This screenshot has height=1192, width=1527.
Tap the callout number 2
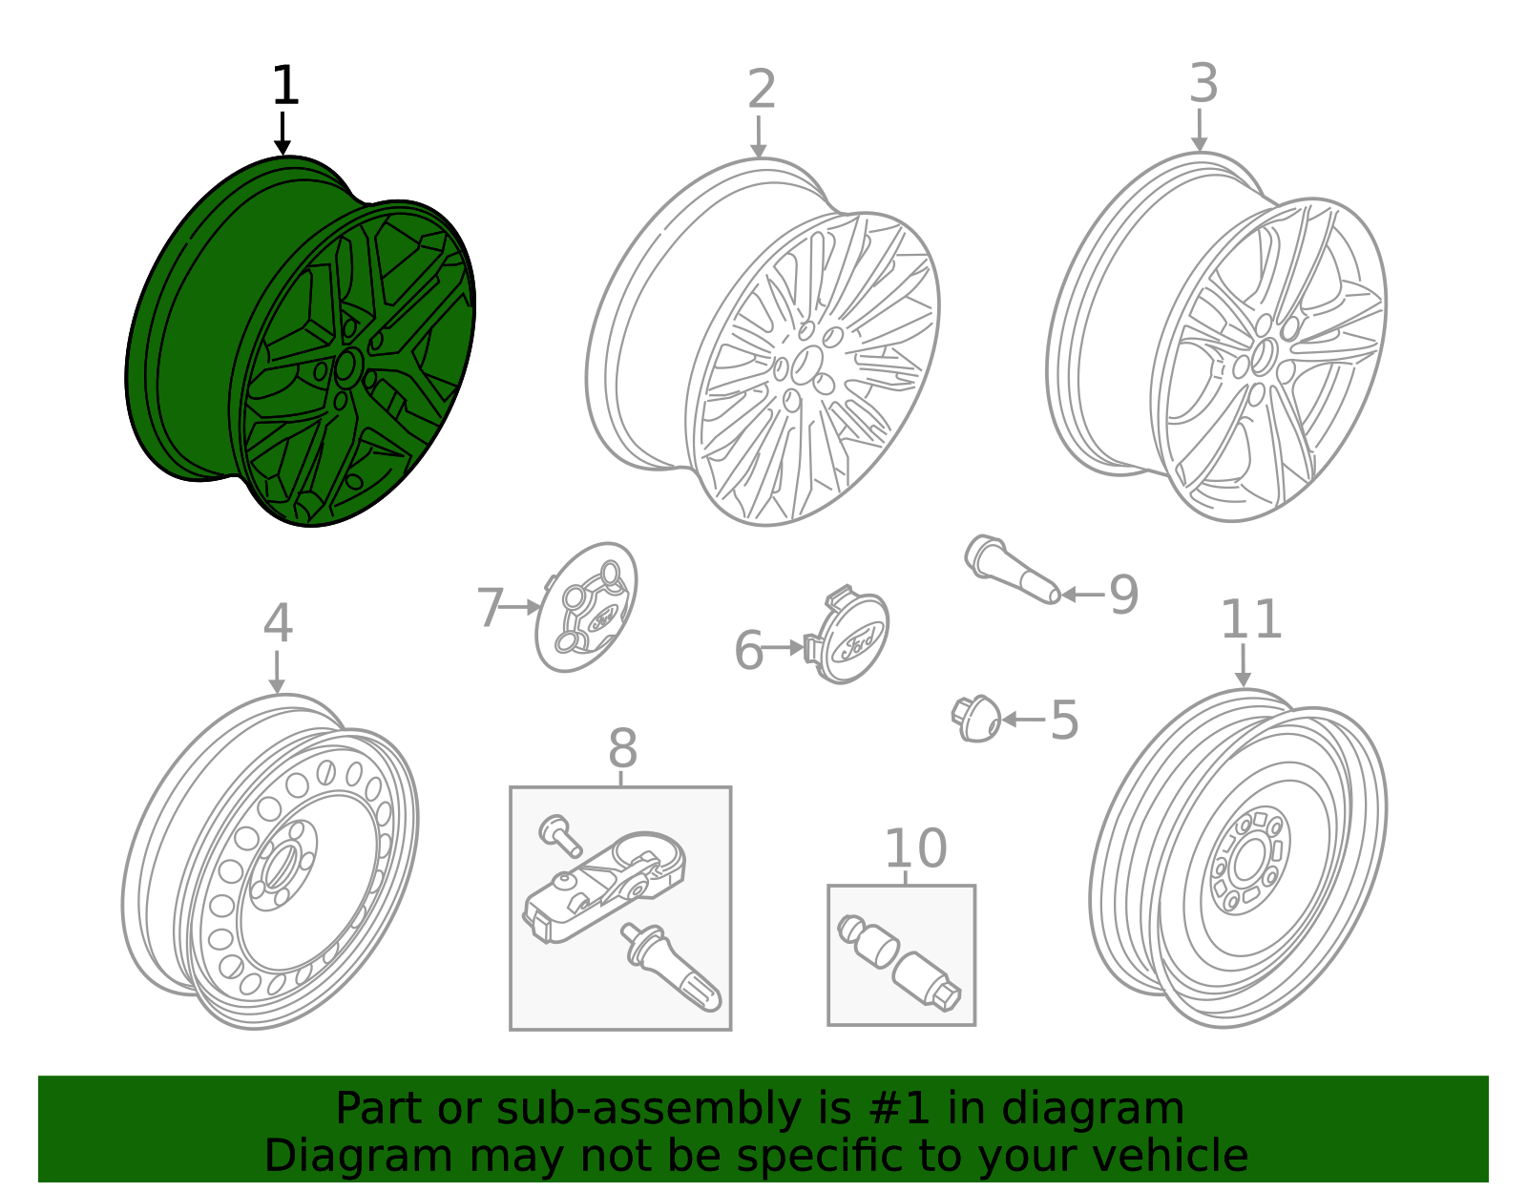pyautogui.click(x=761, y=90)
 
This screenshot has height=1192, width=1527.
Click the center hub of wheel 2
pyautogui.click(x=807, y=363)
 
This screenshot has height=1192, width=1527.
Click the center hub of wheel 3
pyautogui.click(x=1265, y=355)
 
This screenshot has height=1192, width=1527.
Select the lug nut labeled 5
pyautogui.click(x=977, y=718)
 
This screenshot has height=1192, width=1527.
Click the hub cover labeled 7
pyautogui.click(x=587, y=608)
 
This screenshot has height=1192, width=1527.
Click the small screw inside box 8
pyautogui.click(x=560, y=835)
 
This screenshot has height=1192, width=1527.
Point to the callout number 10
pyautogui.click(x=915, y=848)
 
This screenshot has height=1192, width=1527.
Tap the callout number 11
pyautogui.click(x=1250, y=620)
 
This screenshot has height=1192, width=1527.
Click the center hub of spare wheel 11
pyautogui.click(x=1245, y=862)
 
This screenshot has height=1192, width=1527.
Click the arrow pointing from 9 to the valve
pyautogui.click(x=1082, y=595)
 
